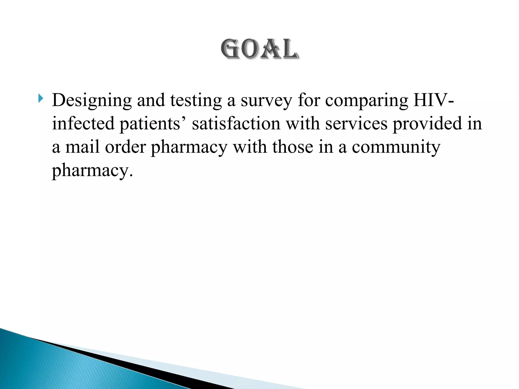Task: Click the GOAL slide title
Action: [259, 49]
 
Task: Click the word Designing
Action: [92, 101]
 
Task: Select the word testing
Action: [196, 101]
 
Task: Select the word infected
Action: [83, 123]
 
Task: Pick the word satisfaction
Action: [236, 123]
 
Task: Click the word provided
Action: [427, 124]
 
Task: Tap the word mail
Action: [82, 147]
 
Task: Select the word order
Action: [125, 147]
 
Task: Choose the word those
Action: [293, 147]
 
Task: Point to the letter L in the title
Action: [290, 49]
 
